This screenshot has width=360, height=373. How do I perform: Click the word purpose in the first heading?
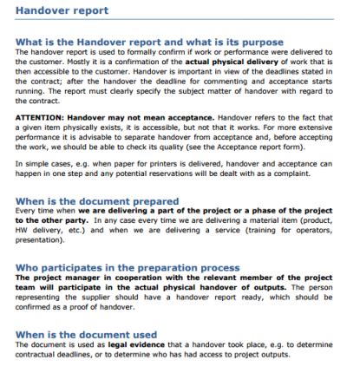(259, 42)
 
